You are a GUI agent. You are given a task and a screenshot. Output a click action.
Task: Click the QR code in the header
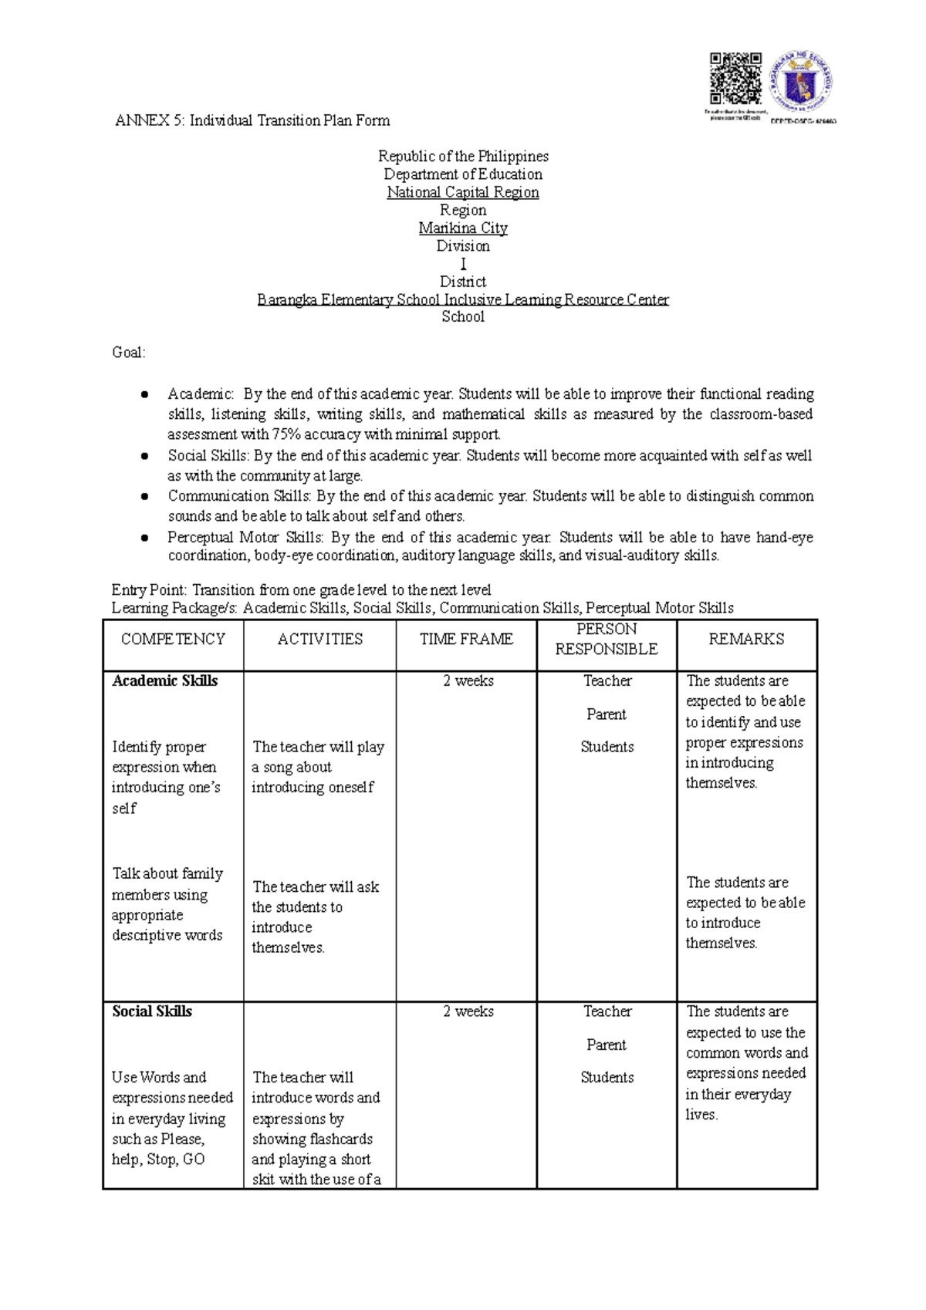[x=735, y=79]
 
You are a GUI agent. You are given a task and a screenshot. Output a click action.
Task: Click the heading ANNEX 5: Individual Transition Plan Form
[x=252, y=120]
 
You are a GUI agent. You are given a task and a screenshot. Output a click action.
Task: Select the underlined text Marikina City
[x=463, y=228]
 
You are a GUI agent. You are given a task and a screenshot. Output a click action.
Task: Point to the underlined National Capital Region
[x=463, y=192]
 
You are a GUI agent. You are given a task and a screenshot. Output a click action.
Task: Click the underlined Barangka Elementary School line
[x=463, y=299]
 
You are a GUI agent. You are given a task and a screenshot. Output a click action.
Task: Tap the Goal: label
[x=128, y=353]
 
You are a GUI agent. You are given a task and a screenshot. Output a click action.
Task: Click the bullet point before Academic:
[x=144, y=395]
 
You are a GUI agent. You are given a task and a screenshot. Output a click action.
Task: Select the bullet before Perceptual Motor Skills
[x=144, y=538]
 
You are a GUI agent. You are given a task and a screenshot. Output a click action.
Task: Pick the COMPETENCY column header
[x=173, y=640]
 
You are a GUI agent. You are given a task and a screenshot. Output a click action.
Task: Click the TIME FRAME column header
[x=466, y=640]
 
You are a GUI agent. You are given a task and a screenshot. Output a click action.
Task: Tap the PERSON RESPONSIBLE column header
[x=607, y=640]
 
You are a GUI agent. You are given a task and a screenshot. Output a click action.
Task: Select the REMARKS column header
[x=746, y=640]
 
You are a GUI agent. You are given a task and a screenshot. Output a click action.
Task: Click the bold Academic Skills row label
[x=165, y=681]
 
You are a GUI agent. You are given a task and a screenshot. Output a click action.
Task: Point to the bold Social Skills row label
[x=152, y=1011]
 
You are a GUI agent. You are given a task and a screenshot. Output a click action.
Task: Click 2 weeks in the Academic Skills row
[x=468, y=681]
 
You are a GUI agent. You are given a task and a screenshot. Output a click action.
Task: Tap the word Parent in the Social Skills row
[x=607, y=1045]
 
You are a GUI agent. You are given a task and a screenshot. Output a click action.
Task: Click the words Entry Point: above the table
[x=149, y=590]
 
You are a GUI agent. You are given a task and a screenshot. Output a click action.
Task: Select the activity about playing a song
[x=317, y=767]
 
